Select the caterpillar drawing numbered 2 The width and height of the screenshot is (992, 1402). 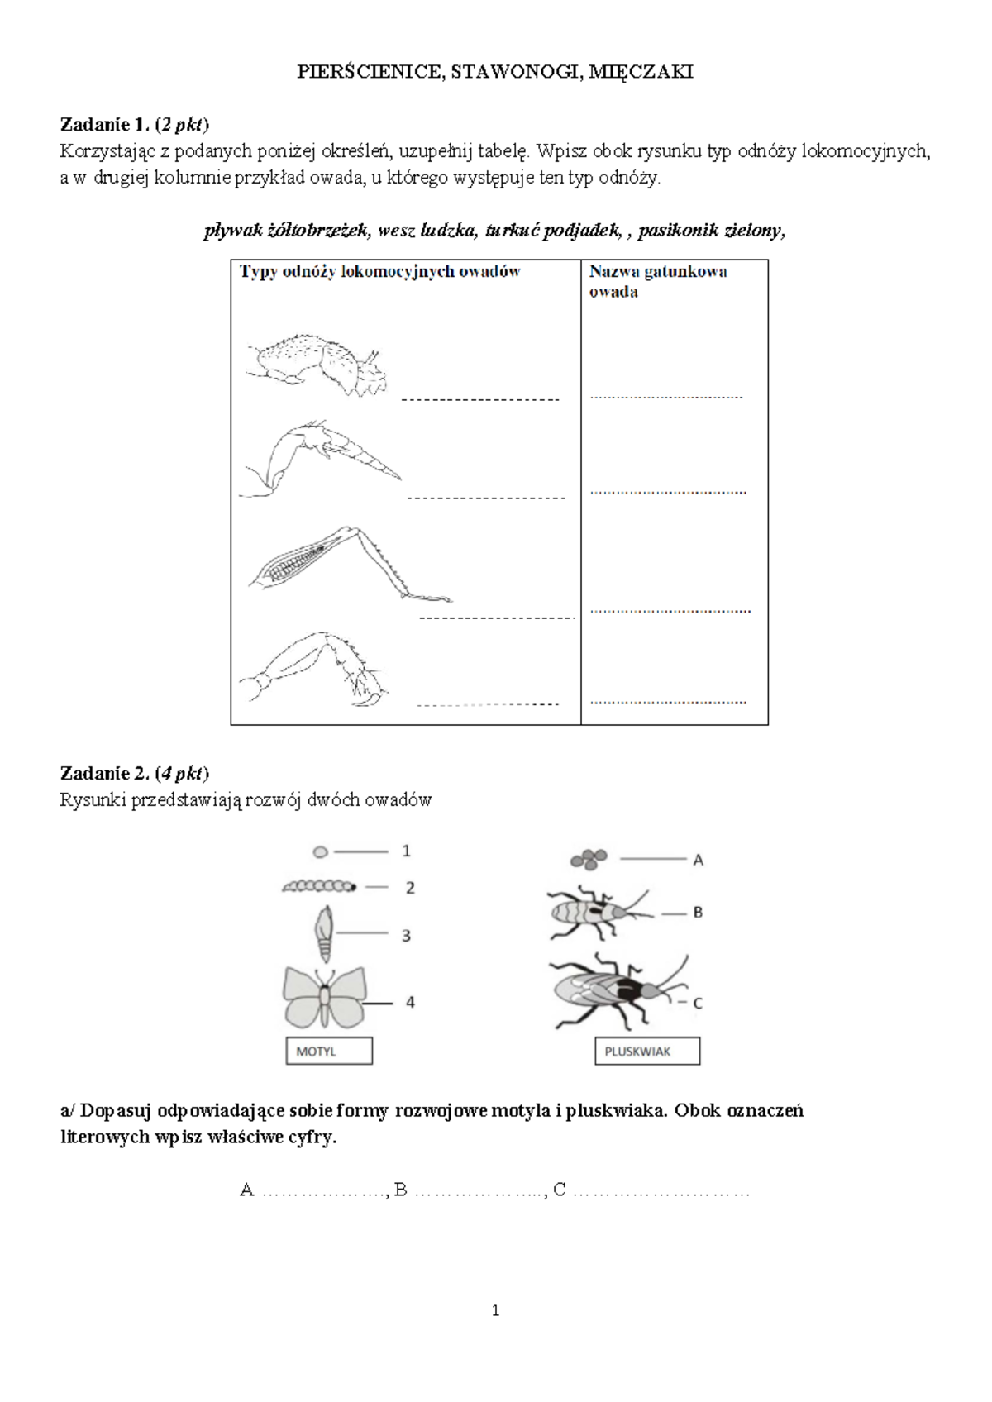pos(320,886)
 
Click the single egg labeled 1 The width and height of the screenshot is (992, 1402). pos(321,851)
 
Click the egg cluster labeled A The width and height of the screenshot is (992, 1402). pos(589,860)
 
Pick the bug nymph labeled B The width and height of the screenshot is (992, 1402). pos(599,913)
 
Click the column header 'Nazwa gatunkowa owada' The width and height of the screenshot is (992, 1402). pos(658,282)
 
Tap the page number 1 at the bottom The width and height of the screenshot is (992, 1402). pos(496,1310)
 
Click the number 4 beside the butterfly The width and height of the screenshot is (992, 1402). pos(410,1002)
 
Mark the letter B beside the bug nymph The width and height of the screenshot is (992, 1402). pos(698,913)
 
